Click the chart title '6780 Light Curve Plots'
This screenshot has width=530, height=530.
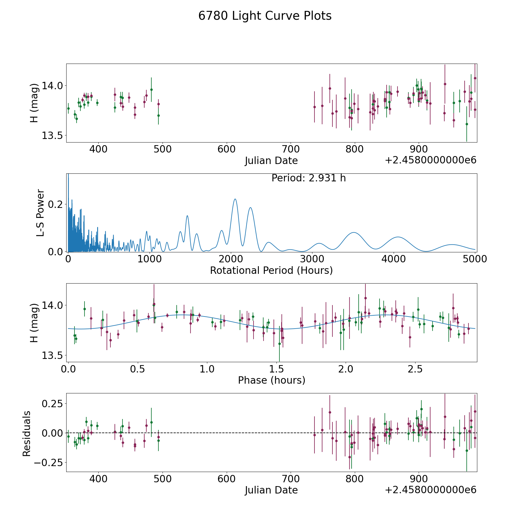pyautogui.click(x=265, y=16)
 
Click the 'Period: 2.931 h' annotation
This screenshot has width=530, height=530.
pyautogui.click(x=309, y=178)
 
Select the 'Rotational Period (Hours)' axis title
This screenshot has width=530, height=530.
pyautogui.click(x=271, y=270)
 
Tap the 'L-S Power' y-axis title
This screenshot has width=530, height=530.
pyautogui.click(x=40, y=213)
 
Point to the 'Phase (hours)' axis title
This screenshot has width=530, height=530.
pyautogui.click(x=271, y=380)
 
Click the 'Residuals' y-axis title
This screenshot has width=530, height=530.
pyautogui.click(x=26, y=433)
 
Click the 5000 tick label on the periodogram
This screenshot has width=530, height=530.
pyautogui.click(x=475, y=259)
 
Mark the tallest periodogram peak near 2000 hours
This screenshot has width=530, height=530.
pyautogui.click(x=235, y=199)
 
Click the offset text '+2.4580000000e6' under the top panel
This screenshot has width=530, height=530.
pyautogui.click(x=430, y=160)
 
